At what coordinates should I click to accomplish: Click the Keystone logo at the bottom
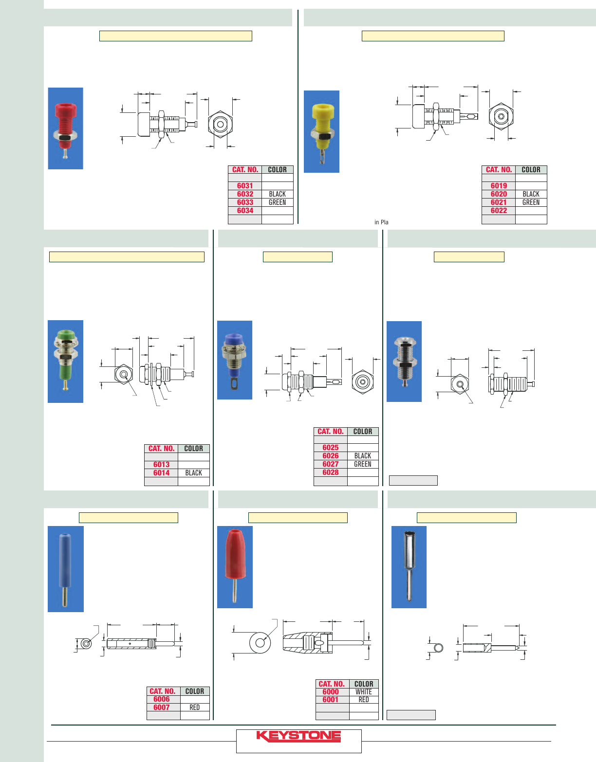pyautogui.click(x=298, y=736)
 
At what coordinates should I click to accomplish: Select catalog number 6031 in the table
pyautogui.click(x=245, y=186)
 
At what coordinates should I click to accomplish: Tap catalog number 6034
pyautogui.click(x=245, y=211)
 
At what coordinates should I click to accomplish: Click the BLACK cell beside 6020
pyautogui.click(x=531, y=194)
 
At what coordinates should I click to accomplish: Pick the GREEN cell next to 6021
pyautogui.click(x=531, y=202)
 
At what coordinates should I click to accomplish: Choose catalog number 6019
pyautogui.click(x=499, y=186)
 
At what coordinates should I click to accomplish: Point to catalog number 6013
pyautogui.click(x=161, y=465)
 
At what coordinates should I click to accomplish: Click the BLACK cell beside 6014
pyautogui.click(x=193, y=473)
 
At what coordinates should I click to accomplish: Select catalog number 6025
pyautogui.click(x=330, y=448)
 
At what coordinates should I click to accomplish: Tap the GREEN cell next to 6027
pyautogui.click(x=362, y=464)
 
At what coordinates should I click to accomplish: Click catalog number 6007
pyautogui.click(x=161, y=708)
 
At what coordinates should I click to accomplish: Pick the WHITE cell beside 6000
pyautogui.click(x=363, y=692)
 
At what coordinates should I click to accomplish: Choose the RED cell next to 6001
pyautogui.click(x=363, y=700)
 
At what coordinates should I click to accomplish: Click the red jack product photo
pyautogui.click(x=65, y=128)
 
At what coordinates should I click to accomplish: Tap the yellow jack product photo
pyautogui.click(x=321, y=131)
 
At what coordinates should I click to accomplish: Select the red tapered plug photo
pyautogui.click(x=235, y=567)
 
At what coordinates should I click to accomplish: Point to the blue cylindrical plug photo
pyautogui.click(x=65, y=569)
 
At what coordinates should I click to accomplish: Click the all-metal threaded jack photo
pyautogui.click(x=404, y=362)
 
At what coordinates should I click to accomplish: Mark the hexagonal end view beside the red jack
pyautogui.click(x=220, y=124)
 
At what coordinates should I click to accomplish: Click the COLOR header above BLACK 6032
pyautogui.click(x=277, y=170)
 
